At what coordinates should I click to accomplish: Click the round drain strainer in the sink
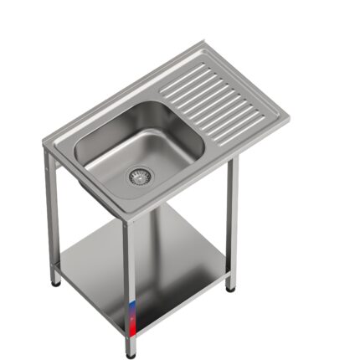pyautogui.click(x=140, y=176)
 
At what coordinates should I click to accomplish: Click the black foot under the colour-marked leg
pyautogui.click(x=130, y=355)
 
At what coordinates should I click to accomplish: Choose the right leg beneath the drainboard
pyautogui.click(x=232, y=222)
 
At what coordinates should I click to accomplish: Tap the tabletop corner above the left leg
pyautogui.click(x=46, y=144)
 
